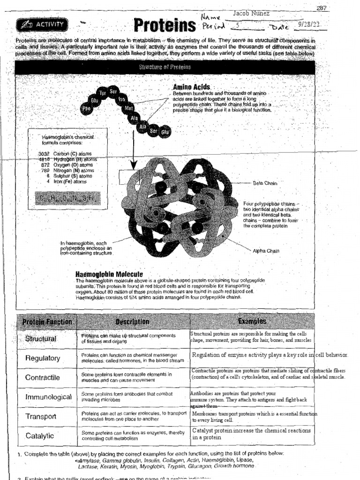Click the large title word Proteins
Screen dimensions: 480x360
[x=164, y=25]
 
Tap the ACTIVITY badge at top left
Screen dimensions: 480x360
[x=43, y=24]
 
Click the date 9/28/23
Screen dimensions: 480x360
[x=310, y=24]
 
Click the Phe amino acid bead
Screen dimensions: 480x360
[x=86, y=108]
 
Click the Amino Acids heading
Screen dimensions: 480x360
[x=191, y=87]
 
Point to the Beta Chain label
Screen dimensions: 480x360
[x=265, y=183]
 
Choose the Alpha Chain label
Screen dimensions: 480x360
[x=266, y=251]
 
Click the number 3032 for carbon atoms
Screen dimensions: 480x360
[x=44, y=154]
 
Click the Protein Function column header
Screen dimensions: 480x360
[x=47, y=322]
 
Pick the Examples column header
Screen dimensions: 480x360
[x=252, y=322]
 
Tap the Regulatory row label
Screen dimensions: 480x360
[x=43, y=358]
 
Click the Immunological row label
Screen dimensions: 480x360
[x=48, y=397]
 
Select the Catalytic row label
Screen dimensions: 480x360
[x=40, y=435]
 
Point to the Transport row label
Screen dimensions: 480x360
[x=41, y=416]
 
